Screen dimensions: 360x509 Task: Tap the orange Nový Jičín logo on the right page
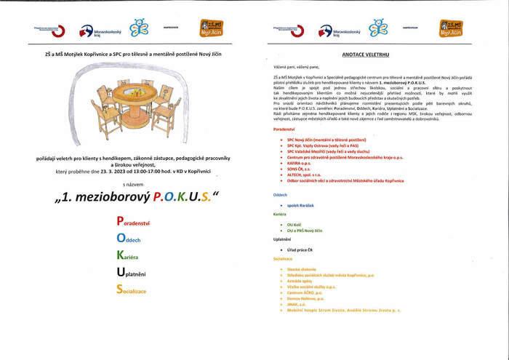tap(450, 28)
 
